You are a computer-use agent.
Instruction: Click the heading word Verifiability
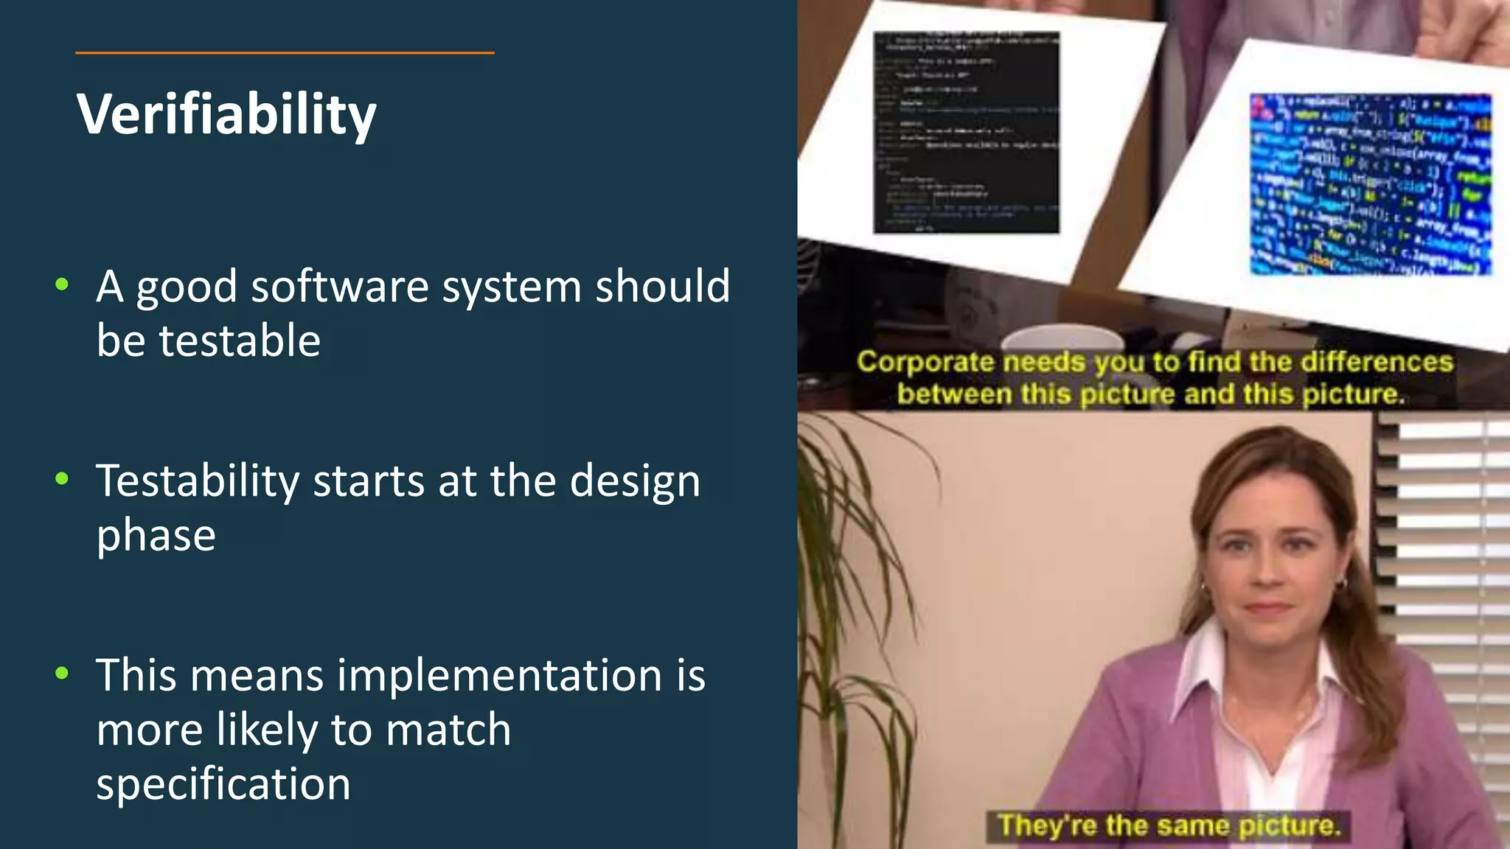coord(226,114)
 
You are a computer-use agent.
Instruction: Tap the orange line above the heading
coord(285,53)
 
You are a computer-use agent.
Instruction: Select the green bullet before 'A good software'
coord(62,284)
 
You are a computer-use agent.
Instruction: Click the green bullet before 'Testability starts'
coord(62,478)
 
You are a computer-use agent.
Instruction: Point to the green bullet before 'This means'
coord(62,672)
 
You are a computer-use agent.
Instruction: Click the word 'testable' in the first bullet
coord(240,340)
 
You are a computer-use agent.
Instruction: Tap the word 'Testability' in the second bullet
coord(198,481)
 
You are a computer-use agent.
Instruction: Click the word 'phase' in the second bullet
coord(156,535)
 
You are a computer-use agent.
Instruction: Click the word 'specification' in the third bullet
coord(223,783)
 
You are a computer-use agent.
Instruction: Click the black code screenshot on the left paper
coord(966,133)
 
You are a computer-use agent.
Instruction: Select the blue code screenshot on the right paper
coord(1370,184)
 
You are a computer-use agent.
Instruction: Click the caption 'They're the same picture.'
coord(1168,825)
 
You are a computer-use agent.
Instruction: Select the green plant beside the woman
coord(863,626)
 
